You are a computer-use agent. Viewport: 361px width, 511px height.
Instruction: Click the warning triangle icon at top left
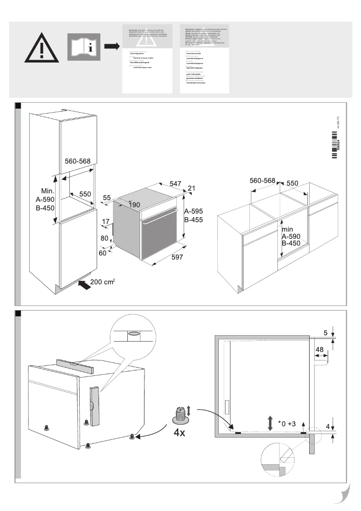tap(41, 48)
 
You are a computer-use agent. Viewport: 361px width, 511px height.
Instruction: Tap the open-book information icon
tap(84, 46)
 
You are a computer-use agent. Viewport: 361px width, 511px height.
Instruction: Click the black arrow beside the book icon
tap(111, 46)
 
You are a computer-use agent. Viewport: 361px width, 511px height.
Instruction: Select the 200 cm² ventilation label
tap(103, 282)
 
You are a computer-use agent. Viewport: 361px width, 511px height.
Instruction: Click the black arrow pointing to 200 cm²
tap(83, 284)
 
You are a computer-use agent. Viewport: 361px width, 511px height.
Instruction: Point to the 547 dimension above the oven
tap(176, 183)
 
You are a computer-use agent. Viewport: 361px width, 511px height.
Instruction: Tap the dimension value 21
tap(191, 188)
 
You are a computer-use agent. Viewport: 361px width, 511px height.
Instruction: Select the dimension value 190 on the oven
tap(135, 205)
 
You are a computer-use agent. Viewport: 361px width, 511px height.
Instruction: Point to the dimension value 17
tap(106, 222)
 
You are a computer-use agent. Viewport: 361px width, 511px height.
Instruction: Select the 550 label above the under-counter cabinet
tap(293, 183)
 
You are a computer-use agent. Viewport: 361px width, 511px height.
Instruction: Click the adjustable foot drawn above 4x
tap(180, 415)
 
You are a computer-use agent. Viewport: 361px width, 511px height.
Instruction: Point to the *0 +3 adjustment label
tap(287, 424)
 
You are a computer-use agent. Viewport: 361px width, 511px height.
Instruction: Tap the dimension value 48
tap(320, 350)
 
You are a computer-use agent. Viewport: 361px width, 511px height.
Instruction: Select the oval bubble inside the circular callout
tap(134, 334)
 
